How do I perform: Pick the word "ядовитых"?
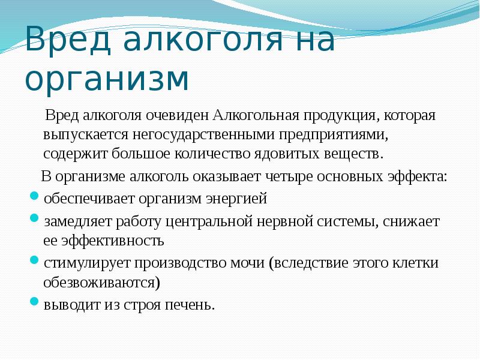pyautogui.click(x=291, y=153)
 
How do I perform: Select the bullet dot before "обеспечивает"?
pyautogui.click(x=35, y=197)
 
